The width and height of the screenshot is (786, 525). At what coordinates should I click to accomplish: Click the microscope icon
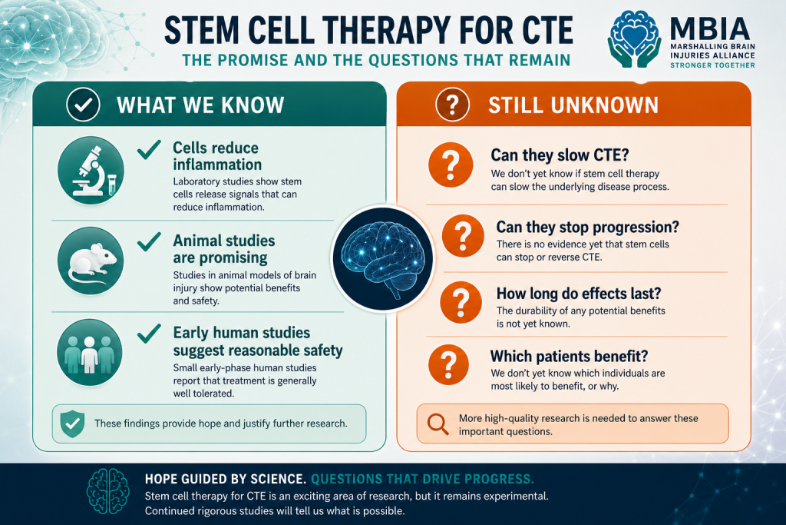(x=91, y=170)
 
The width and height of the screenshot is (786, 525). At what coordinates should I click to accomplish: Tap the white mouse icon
(x=91, y=261)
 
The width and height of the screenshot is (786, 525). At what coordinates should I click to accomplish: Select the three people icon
(x=90, y=352)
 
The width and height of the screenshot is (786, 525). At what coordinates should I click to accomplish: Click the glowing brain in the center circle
(x=383, y=258)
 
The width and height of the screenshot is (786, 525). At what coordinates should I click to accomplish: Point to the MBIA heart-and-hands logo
(x=634, y=39)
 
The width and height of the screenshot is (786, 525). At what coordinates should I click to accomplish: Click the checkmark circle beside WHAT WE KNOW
(x=83, y=105)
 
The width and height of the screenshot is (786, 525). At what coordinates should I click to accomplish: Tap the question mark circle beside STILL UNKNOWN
(x=452, y=105)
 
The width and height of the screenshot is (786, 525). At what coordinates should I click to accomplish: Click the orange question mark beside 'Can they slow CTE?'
(x=451, y=164)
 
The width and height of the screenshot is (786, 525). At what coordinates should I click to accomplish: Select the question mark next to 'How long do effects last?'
(x=461, y=302)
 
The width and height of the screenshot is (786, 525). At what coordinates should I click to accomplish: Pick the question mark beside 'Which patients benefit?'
(x=448, y=364)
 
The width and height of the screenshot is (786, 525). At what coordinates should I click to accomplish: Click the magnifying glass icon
(x=438, y=424)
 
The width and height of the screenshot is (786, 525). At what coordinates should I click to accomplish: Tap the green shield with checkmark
(x=72, y=424)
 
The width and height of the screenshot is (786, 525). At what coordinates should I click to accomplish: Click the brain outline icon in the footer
(x=107, y=491)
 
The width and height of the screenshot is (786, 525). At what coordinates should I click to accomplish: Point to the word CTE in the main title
(x=547, y=30)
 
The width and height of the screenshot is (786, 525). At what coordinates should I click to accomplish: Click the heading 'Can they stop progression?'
(x=587, y=227)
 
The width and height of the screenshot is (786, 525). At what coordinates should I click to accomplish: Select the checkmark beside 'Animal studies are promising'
(x=149, y=241)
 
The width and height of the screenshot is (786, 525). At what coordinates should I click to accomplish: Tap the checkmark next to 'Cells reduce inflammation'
(x=149, y=150)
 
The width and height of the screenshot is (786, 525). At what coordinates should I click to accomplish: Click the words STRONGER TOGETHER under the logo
(x=712, y=65)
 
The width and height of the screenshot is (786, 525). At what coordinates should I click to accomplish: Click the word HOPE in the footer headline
(x=162, y=479)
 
